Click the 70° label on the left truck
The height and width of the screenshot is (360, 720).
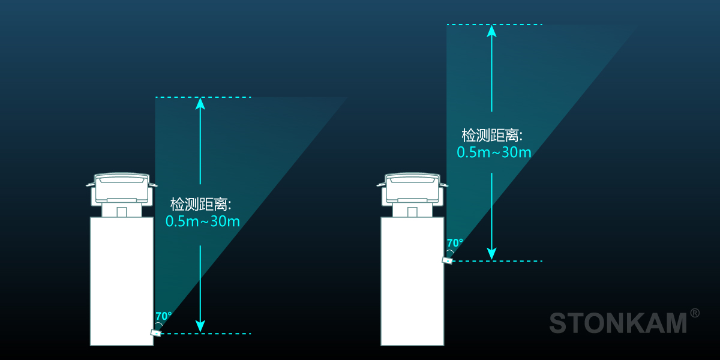pyautogui.click(x=163, y=316)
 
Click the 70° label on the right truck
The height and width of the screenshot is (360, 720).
pyautogui.click(x=455, y=243)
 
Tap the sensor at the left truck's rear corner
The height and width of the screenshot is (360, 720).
pyautogui.click(x=156, y=332)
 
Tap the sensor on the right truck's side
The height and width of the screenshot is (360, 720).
pyautogui.click(x=447, y=260)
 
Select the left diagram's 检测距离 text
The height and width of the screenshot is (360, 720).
pyautogui.click(x=200, y=204)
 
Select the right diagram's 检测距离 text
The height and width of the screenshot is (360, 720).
pyautogui.click(x=491, y=134)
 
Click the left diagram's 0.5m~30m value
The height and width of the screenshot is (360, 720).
pyautogui.click(x=202, y=221)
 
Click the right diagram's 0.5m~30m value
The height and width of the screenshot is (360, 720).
pyautogui.click(x=494, y=152)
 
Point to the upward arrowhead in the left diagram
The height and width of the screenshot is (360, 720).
pyautogui.click(x=200, y=104)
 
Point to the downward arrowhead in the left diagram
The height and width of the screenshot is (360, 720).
pyautogui.click(x=200, y=326)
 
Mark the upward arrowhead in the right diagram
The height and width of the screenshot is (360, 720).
pyautogui.click(x=491, y=31)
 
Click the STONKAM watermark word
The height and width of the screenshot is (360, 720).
pyautogui.click(x=618, y=323)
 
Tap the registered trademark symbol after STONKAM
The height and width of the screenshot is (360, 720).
pyautogui.click(x=695, y=313)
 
